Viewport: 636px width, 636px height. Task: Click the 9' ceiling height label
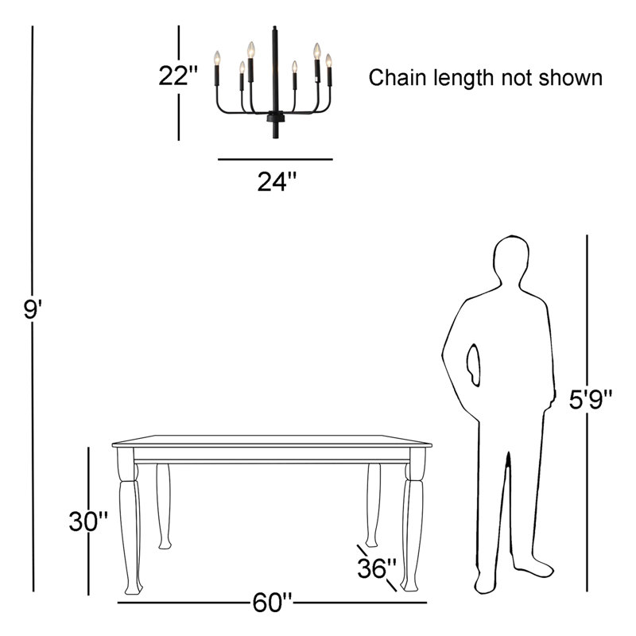33,309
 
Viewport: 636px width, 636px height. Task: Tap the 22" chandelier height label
177,76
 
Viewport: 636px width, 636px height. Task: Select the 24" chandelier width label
277,181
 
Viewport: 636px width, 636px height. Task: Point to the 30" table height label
88,522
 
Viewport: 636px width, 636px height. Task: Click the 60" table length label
272,603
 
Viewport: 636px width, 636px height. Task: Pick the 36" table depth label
376,568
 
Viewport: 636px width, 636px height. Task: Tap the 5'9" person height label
590,400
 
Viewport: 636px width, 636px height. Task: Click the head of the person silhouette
511,260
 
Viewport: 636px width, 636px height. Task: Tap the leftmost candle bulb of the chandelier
217,58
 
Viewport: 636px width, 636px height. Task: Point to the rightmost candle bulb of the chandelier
328,60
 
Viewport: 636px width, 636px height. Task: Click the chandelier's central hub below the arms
275,117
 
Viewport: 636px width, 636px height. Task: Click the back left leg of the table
164,506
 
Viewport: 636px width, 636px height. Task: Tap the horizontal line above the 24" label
275,160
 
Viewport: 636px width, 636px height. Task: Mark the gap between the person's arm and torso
473,365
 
